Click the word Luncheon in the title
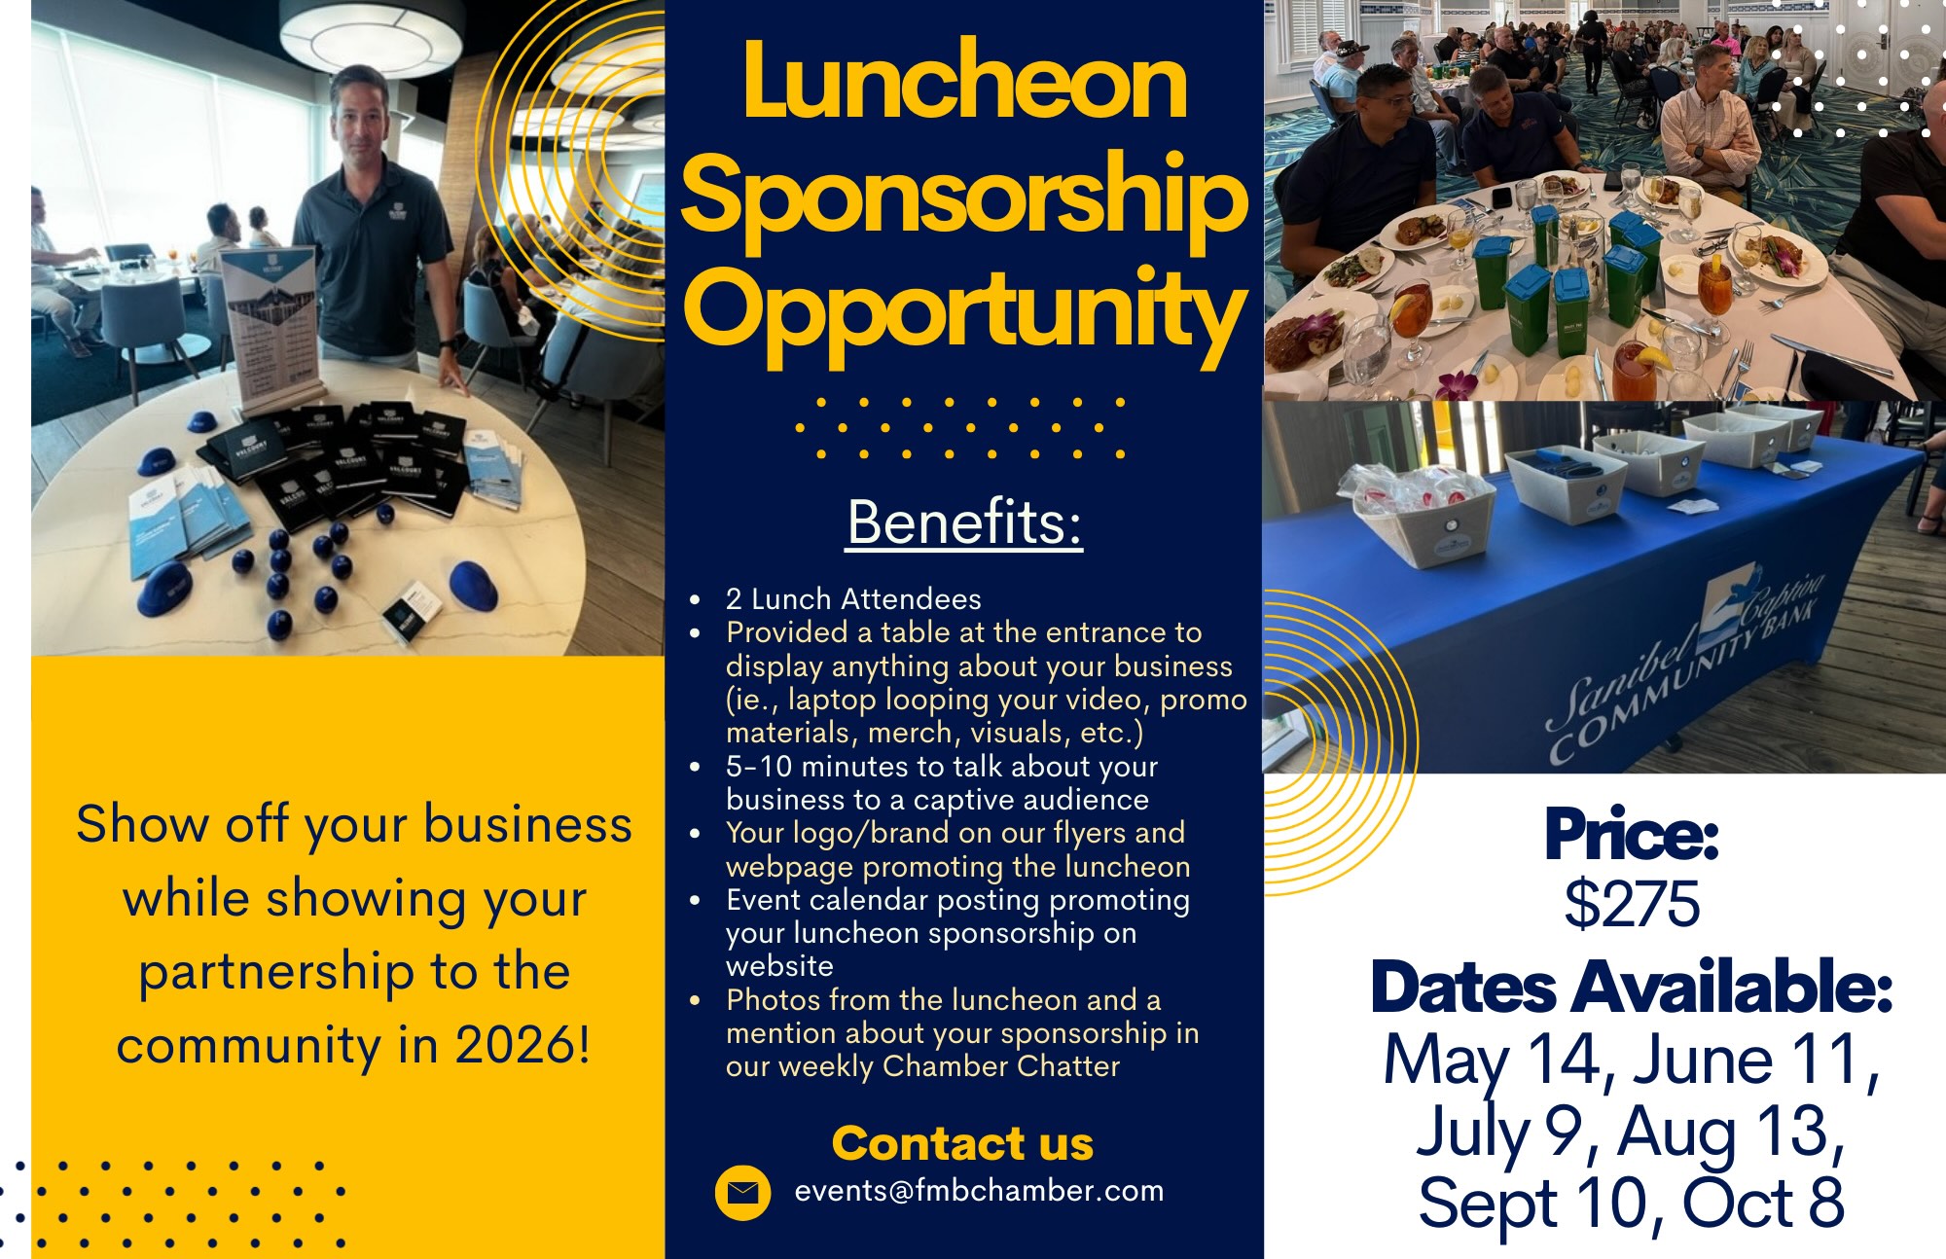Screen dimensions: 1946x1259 click(964, 80)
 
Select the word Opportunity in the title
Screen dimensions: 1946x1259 click(964, 314)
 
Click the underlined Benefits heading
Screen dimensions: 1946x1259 click(964, 522)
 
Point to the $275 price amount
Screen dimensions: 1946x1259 click(1632, 903)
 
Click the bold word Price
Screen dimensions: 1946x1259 click(1632, 835)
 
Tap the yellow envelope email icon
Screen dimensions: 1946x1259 click(742, 1192)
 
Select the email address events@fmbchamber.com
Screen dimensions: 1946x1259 click(979, 1191)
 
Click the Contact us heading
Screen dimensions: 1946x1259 click(962, 1143)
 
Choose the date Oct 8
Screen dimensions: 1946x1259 click(1763, 1203)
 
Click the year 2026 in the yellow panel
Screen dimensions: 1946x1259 click(523, 1046)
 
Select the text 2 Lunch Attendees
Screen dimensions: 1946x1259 click(853, 598)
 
